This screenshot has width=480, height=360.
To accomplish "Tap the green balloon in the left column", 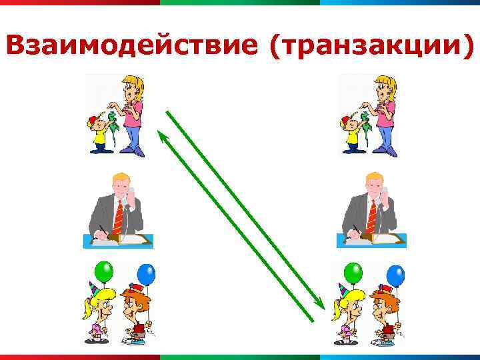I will (x=103, y=272).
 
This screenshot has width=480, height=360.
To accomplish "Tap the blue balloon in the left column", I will (x=146, y=273).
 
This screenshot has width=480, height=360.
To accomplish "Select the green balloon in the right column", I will (x=353, y=272).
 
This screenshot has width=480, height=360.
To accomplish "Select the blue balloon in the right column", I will (x=395, y=273).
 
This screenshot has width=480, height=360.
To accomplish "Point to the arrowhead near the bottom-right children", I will (x=320, y=305).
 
